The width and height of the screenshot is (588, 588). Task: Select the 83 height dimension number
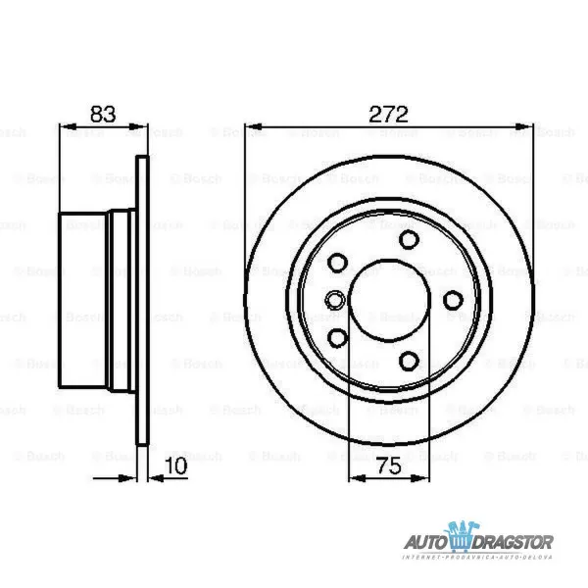103,113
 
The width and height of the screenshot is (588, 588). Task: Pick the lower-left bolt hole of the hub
338,338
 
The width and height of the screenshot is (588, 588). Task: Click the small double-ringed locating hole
333,301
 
